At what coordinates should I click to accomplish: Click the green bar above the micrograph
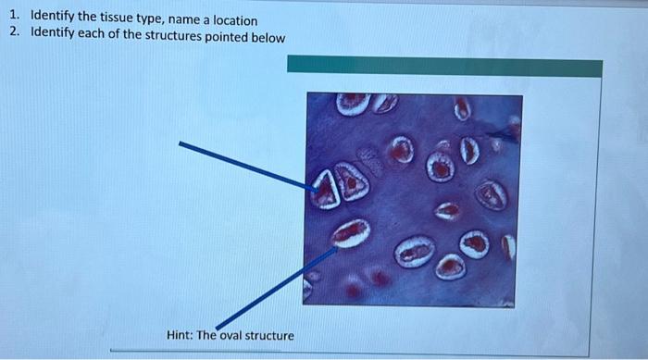point(444,67)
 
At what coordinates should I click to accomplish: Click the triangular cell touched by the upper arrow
point(325,192)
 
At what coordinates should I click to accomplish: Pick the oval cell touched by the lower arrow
point(350,233)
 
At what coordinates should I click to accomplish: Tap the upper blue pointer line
point(241,164)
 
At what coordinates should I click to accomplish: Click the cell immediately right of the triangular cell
point(352,182)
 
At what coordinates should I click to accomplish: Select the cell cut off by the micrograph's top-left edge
point(353,103)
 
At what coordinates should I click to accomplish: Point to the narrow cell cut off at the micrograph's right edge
point(508,246)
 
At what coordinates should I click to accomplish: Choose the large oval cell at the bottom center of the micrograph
point(415,252)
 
